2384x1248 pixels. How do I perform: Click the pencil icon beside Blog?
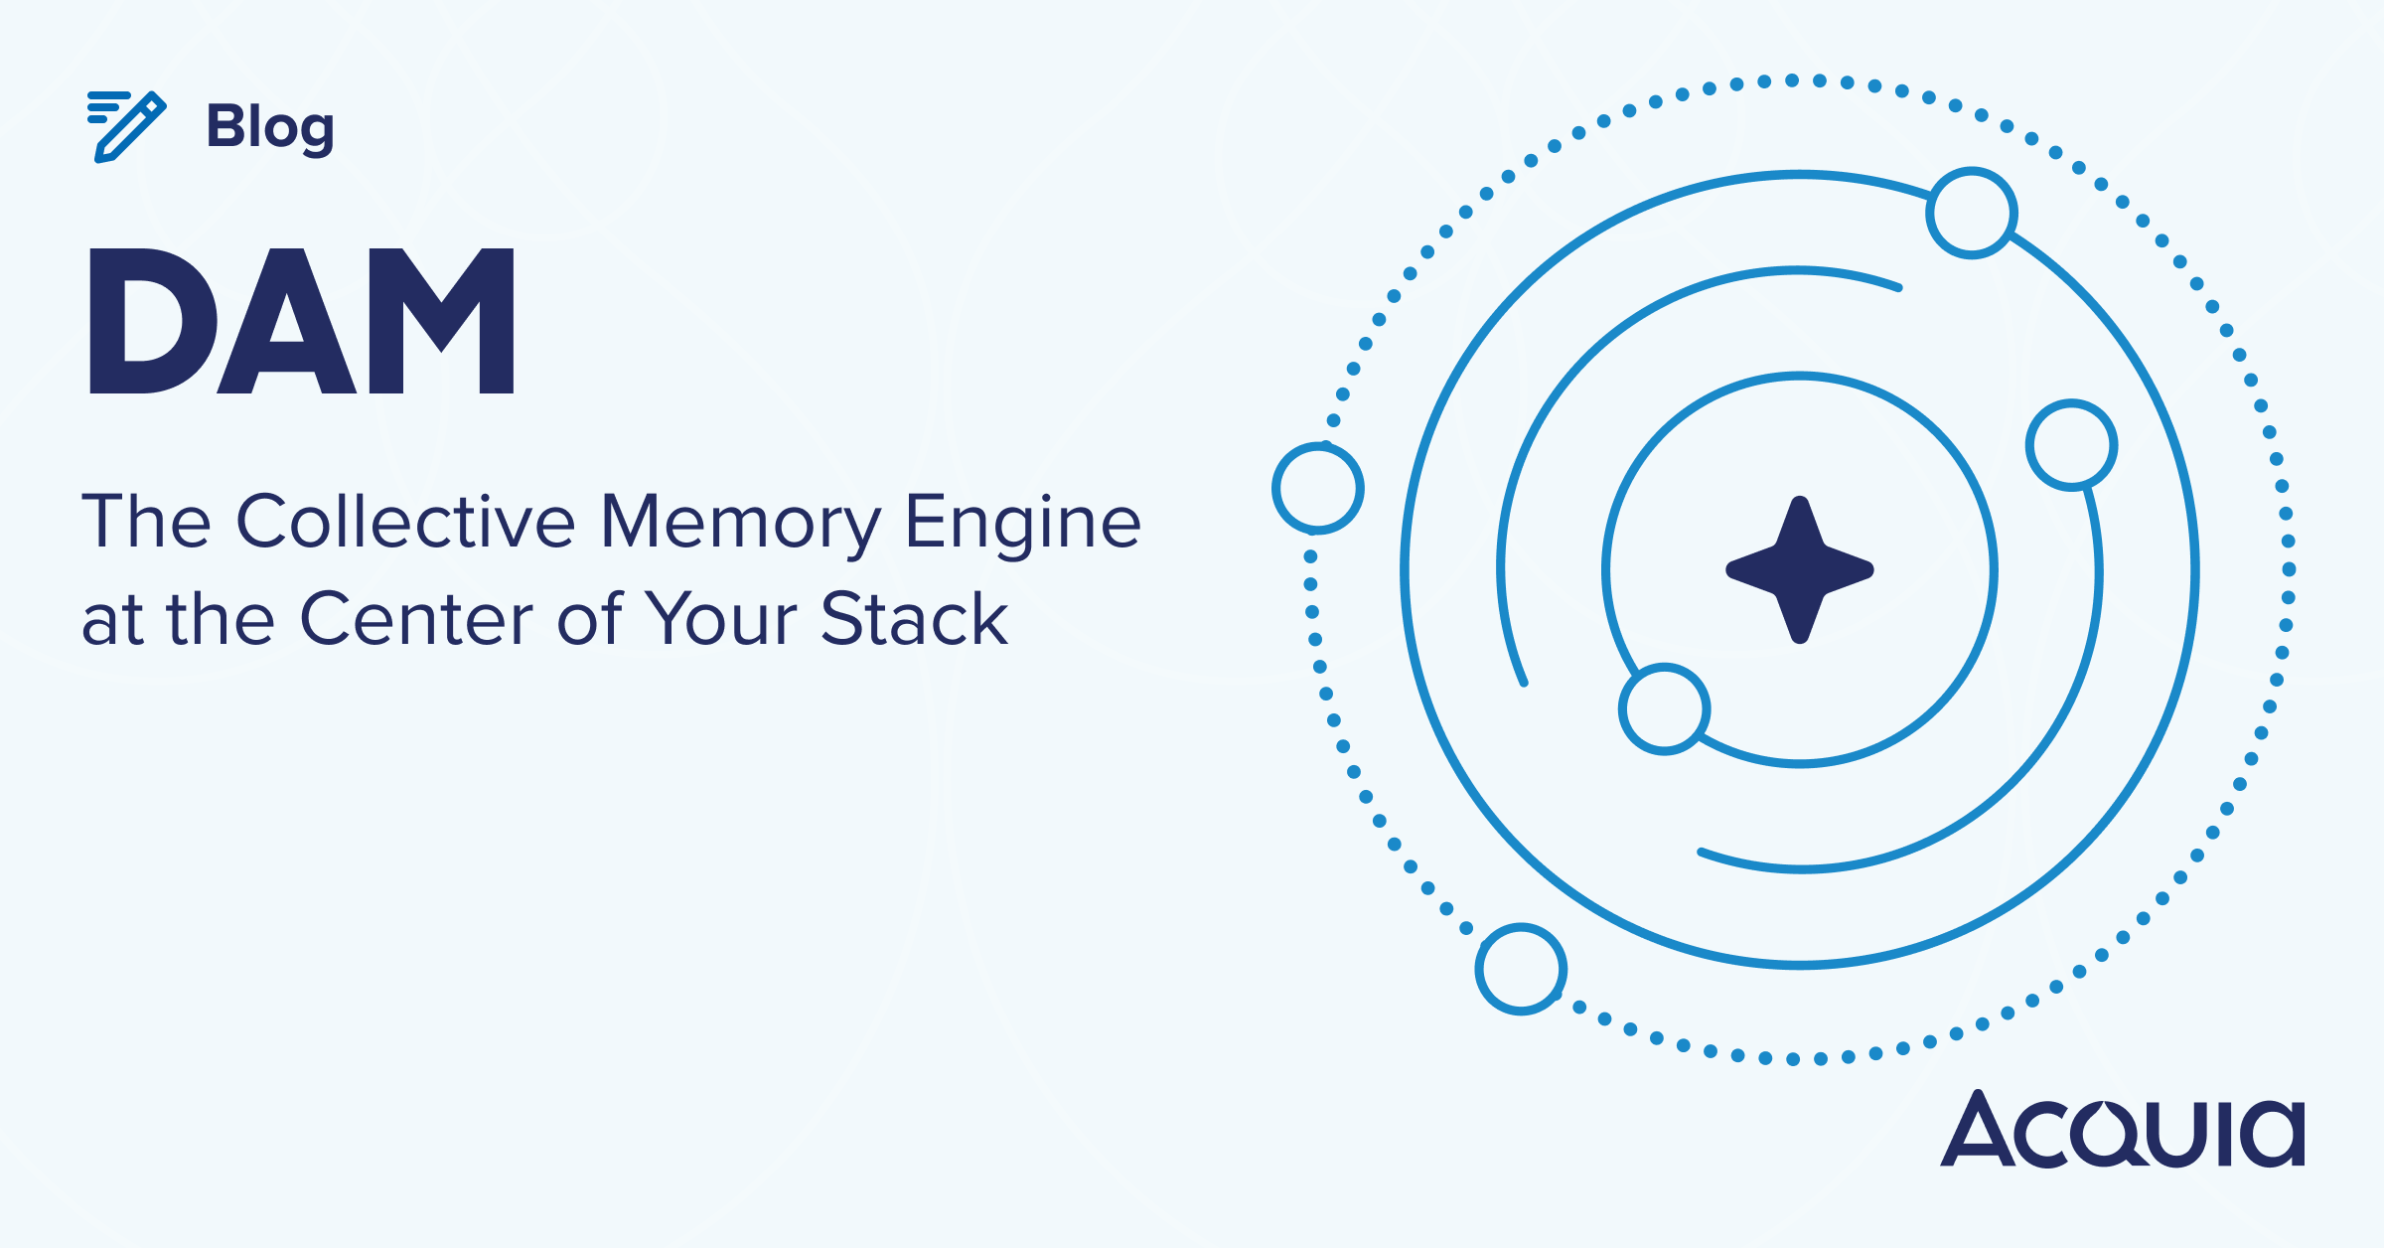pos(126,126)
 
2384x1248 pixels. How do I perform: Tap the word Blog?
pos(270,129)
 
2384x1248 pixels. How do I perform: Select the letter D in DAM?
pos(153,321)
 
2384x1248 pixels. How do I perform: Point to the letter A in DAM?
pos(287,321)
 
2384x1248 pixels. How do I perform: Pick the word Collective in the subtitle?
pos(406,521)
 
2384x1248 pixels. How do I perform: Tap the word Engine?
pos(1024,524)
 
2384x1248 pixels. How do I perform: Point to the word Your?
pos(721,619)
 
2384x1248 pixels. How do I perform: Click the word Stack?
pos(915,618)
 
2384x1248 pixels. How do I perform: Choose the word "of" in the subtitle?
pos(590,617)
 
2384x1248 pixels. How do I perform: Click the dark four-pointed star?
pos(1800,569)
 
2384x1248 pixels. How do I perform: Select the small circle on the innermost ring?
pos(1664,708)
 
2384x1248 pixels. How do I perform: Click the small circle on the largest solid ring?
pos(1972,213)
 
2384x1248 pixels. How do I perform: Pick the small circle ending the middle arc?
pos(2071,445)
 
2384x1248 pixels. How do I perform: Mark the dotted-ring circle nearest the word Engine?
pos(1318,488)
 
